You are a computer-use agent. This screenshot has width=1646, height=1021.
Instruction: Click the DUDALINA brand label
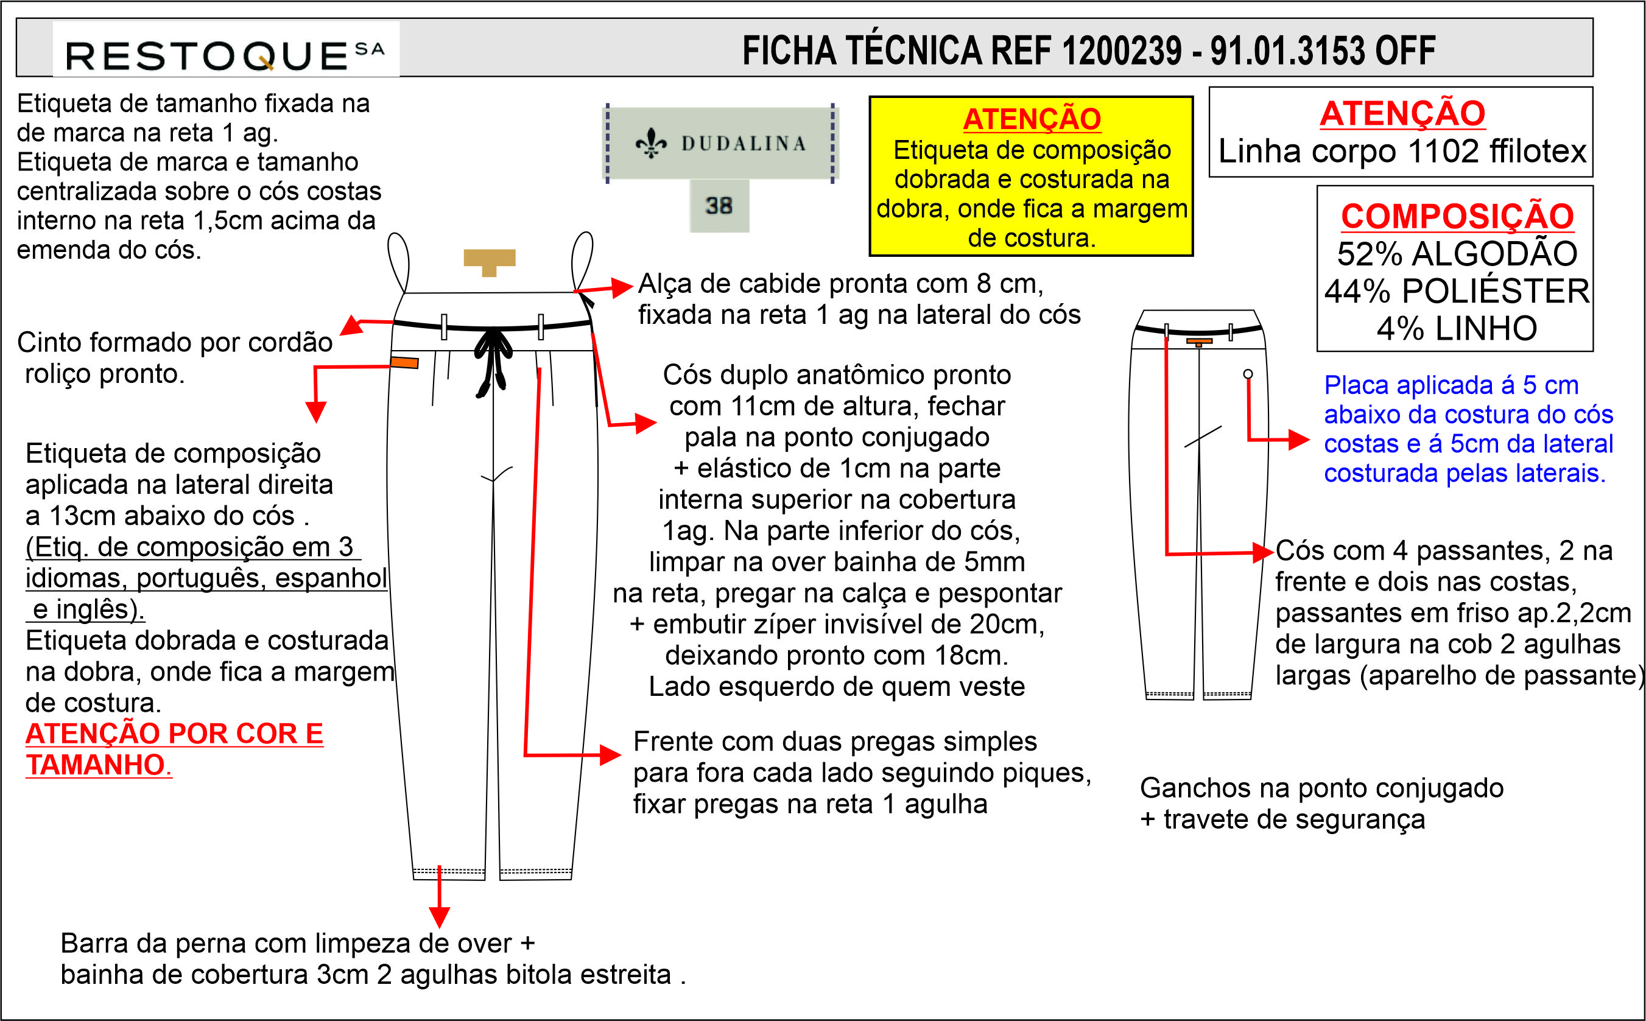pyautogui.click(x=720, y=143)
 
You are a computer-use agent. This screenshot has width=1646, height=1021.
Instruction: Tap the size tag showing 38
pyautogui.click(x=719, y=205)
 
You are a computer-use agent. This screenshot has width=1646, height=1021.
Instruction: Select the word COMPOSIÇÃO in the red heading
pyautogui.click(x=1457, y=217)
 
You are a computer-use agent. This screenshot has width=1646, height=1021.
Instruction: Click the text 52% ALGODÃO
pyautogui.click(x=1457, y=254)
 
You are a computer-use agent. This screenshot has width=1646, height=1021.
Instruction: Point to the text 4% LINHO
pyautogui.click(x=1457, y=329)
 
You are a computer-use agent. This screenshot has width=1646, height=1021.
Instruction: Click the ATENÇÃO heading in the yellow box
pyautogui.click(x=1032, y=119)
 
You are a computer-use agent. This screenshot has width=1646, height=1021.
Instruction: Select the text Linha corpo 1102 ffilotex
pyautogui.click(x=1401, y=151)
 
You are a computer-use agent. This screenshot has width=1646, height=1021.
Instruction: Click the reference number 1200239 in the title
pyautogui.click(x=1121, y=51)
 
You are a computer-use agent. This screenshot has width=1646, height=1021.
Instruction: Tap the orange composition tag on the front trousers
pyautogui.click(x=404, y=363)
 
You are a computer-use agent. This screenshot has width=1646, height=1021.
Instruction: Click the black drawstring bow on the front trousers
pyautogui.click(x=494, y=358)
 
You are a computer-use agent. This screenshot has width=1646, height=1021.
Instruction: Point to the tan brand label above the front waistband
pyautogui.click(x=489, y=261)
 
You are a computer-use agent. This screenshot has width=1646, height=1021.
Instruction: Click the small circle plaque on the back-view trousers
pyautogui.click(x=1248, y=373)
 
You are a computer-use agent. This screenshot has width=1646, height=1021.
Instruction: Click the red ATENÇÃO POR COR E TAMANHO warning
pyautogui.click(x=174, y=749)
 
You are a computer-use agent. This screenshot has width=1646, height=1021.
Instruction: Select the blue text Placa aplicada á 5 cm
pyautogui.click(x=1451, y=385)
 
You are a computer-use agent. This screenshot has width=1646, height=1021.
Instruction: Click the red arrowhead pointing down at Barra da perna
pyautogui.click(x=439, y=917)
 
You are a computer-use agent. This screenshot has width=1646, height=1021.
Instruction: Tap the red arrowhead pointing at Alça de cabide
pyautogui.click(x=621, y=287)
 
